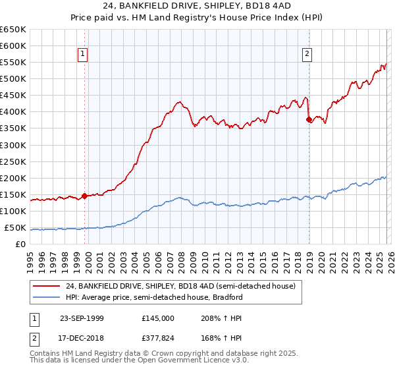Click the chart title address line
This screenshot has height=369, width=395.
197,5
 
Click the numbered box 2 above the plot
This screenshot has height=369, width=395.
307,55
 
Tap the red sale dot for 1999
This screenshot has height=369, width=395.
84,196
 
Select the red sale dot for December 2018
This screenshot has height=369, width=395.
309,119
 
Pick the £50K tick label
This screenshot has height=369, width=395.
16,228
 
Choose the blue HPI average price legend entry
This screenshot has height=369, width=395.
154,297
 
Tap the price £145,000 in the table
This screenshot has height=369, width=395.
157,318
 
